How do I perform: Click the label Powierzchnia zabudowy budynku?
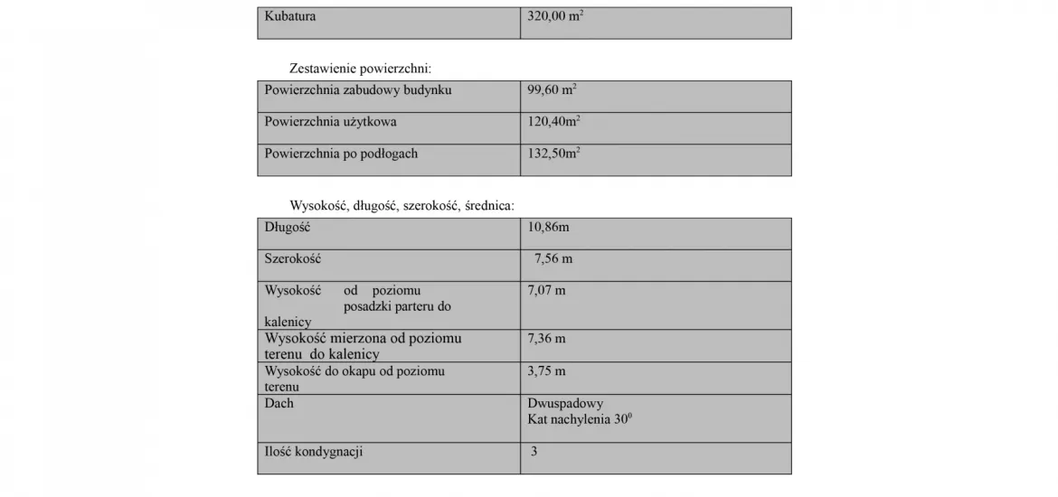(358, 90)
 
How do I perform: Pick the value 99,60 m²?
(553, 90)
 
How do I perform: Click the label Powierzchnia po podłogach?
(341, 154)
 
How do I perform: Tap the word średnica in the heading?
(488, 205)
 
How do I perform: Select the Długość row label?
(287, 228)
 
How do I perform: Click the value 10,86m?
(549, 228)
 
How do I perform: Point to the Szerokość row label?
(292, 259)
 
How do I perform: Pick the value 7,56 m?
(553, 259)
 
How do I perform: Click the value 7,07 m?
(546, 291)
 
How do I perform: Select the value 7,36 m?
(546, 339)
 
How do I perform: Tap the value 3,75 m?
(546, 370)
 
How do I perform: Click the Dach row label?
(279, 403)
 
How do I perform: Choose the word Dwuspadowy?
(565, 403)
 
